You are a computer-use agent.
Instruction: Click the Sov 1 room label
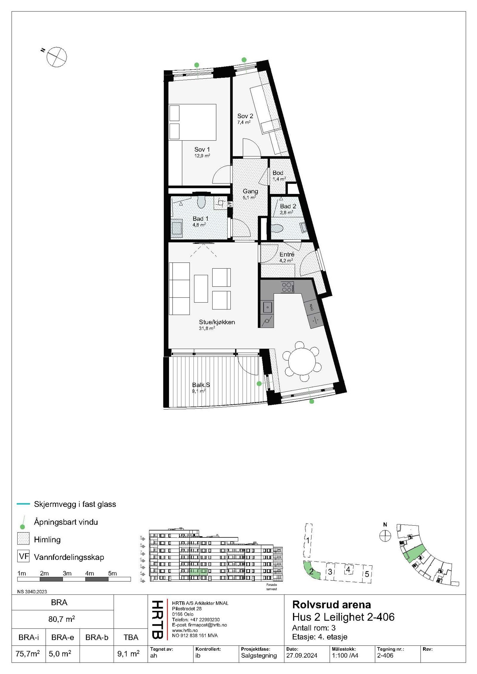pyautogui.click(x=202, y=150)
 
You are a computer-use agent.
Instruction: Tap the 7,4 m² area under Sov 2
pyautogui.click(x=244, y=122)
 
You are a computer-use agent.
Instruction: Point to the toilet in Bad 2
pyautogui.click(x=277, y=228)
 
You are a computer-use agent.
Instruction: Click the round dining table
pyautogui.click(x=302, y=362)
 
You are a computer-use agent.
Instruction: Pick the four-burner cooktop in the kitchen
pyautogui.click(x=287, y=287)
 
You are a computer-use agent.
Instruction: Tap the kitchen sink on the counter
pyautogui.click(x=267, y=307)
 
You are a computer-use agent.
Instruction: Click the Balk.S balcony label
pyautogui.click(x=201, y=385)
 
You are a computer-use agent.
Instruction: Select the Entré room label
pyautogui.click(x=287, y=254)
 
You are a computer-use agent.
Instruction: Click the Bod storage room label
pyautogui.click(x=278, y=173)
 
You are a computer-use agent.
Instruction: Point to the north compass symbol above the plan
pyautogui.click(x=56, y=57)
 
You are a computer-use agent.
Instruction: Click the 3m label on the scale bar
pyautogui.click(x=67, y=573)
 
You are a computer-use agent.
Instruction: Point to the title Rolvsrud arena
pyautogui.click(x=332, y=605)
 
